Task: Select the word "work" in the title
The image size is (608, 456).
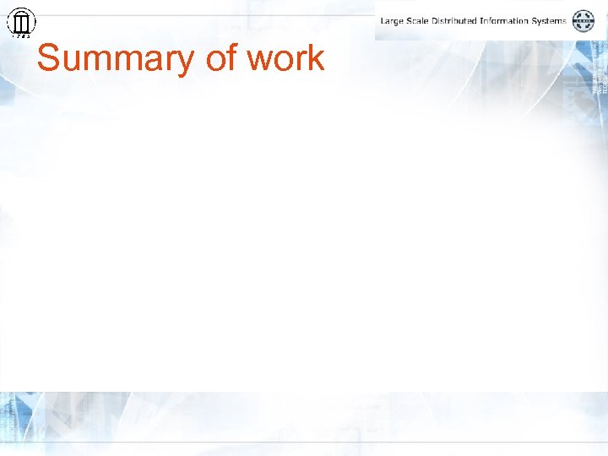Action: (285, 58)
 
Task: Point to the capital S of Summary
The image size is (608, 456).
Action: (49, 58)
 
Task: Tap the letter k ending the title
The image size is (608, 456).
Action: (316, 58)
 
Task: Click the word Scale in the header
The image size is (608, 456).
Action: (420, 21)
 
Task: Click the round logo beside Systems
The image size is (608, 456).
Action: (584, 21)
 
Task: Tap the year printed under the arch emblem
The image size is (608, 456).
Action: (21, 36)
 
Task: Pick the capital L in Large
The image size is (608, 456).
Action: (383, 21)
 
